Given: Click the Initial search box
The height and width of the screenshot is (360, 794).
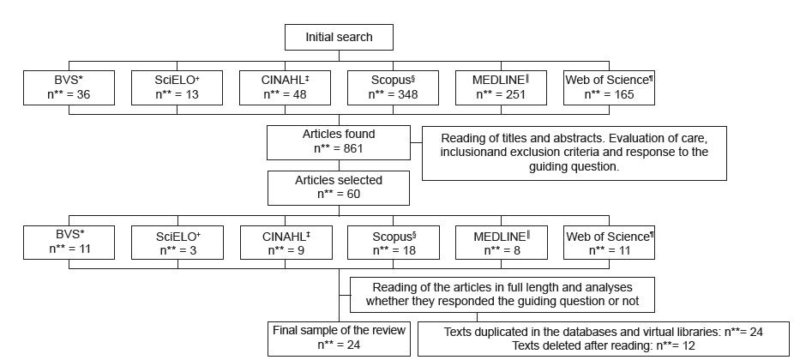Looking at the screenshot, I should [x=340, y=38].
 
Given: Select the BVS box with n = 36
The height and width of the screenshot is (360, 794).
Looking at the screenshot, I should [x=69, y=87].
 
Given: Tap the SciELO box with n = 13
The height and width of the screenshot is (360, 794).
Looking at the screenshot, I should [x=177, y=87].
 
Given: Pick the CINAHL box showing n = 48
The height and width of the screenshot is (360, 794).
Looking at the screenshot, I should [x=286, y=87].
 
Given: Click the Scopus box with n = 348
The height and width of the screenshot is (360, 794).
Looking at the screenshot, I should [x=394, y=87].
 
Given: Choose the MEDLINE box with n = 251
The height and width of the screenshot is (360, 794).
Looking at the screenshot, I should [x=501, y=87].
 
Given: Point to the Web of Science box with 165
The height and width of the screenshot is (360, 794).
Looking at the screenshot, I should [x=610, y=87].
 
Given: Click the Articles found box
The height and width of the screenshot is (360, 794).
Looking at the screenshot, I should [x=339, y=141].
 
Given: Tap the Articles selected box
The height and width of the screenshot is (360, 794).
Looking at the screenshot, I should [x=339, y=188].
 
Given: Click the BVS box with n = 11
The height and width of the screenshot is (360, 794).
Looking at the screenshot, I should [x=69, y=243].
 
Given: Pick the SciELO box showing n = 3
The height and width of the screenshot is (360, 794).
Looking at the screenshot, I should [x=177, y=243].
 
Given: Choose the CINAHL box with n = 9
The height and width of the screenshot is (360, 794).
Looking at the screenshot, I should [x=286, y=243].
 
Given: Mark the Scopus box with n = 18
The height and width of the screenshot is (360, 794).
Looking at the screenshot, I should [x=394, y=243].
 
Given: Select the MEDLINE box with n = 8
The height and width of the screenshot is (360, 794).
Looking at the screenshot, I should [x=501, y=243].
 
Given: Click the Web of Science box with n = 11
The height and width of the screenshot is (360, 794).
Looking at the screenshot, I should [x=610, y=243].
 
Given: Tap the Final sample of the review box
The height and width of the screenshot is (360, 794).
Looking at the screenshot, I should [x=339, y=338].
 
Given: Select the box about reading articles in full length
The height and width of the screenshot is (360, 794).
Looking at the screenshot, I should [x=502, y=294].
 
